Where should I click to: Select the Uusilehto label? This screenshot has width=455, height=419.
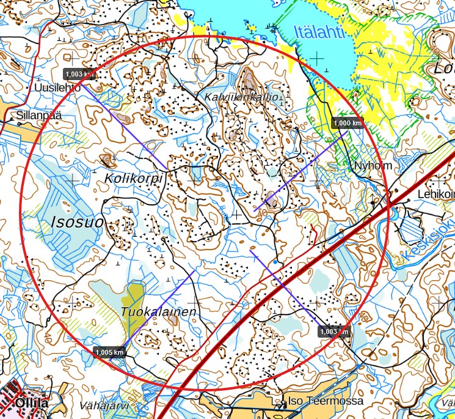[54, 87]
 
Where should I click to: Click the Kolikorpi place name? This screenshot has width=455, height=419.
[134, 178]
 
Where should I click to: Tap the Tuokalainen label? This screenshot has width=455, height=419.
[159, 312]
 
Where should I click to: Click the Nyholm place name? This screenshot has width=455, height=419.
[373, 166]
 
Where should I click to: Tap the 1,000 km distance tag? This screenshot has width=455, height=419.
[348, 123]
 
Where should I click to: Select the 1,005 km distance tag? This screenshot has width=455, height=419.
[110, 352]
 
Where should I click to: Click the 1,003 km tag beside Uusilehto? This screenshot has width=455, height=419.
[80, 74]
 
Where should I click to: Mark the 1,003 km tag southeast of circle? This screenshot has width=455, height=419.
[334, 332]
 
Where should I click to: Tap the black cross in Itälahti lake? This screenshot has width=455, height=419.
[316, 58]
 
